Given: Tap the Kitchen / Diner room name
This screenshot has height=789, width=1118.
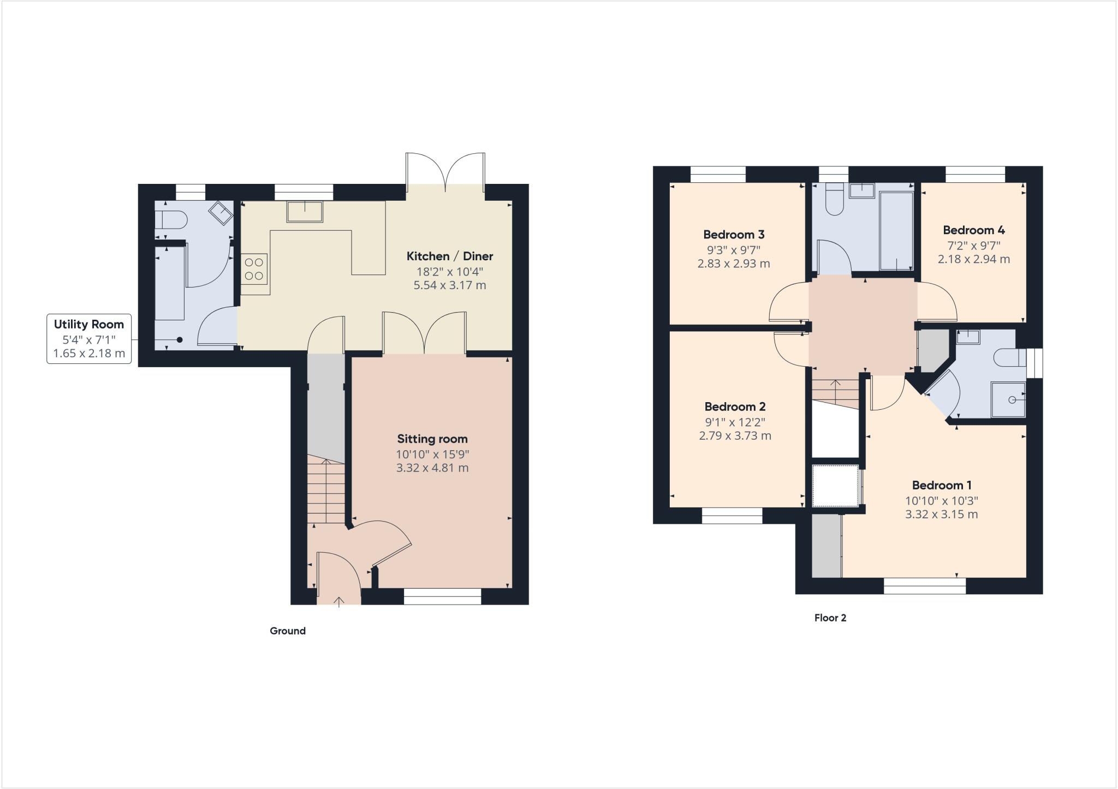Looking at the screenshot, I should click(449, 256).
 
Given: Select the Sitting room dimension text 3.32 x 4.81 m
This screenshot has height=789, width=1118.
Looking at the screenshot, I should click(432, 468).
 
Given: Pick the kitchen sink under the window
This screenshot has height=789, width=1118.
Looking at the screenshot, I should click(305, 212).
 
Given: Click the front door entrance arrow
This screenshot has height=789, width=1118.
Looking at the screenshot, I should click(339, 602).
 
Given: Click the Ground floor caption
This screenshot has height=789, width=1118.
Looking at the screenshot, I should click(288, 631).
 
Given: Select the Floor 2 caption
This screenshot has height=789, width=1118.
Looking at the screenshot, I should click(830, 618).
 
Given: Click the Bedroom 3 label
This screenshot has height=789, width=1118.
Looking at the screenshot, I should click(733, 235).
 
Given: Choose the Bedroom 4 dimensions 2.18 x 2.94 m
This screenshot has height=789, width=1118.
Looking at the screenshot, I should click(973, 259).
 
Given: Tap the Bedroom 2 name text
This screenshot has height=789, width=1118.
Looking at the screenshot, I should click(735, 407).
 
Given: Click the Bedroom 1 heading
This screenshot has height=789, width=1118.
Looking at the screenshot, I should click(941, 485).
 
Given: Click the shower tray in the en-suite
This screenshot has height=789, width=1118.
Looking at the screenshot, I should click(1008, 399).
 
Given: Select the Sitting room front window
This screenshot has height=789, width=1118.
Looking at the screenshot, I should click(442, 596).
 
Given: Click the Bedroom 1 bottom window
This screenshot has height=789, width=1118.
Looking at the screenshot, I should click(924, 586).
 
